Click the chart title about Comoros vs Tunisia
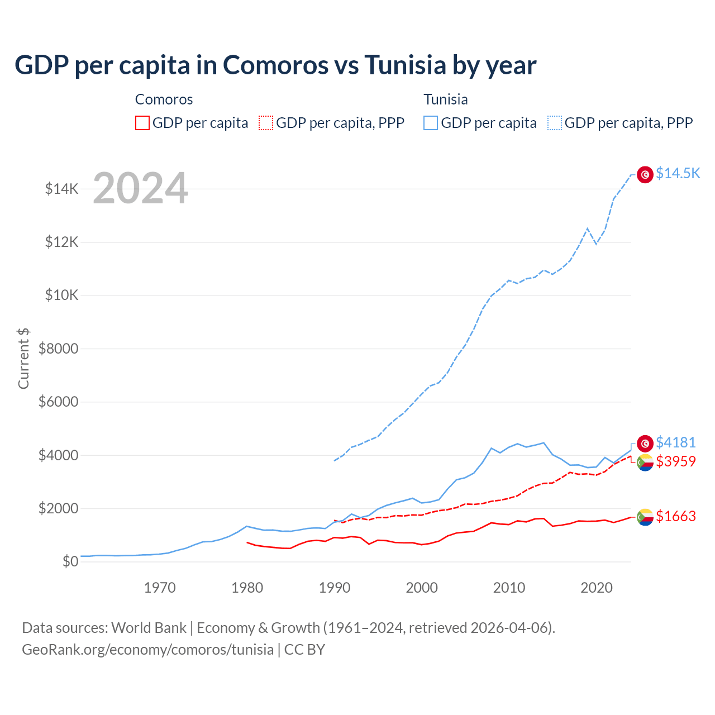275,65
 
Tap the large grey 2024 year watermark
140,189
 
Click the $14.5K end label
678,173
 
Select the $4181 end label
675,442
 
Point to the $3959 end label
675,461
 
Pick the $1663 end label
675,516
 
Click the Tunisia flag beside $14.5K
645,175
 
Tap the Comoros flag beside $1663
645,517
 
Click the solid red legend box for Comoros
142,123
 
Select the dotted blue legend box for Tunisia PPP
555,123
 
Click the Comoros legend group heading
164,99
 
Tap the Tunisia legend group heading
445,99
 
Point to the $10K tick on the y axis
61,295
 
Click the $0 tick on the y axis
70,561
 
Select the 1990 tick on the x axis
335,588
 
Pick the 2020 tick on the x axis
597,588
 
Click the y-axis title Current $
23,358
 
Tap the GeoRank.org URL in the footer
147,650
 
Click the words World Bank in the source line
149,628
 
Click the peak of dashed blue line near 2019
587,228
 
